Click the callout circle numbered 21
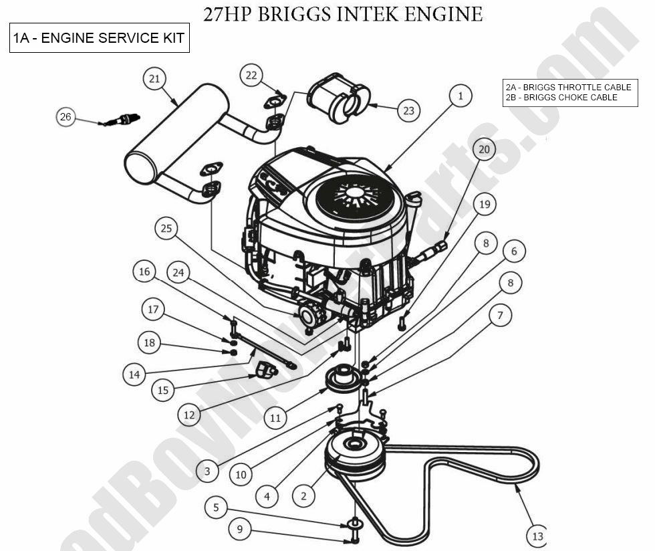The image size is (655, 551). [154, 79]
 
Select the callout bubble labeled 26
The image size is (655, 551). [65, 117]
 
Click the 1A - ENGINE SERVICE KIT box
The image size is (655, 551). [99, 39]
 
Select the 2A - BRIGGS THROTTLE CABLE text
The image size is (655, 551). [568, 88]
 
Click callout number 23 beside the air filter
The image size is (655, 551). [409, 110]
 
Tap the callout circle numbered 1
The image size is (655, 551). [460, 96]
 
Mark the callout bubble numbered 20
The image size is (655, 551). [484, 149]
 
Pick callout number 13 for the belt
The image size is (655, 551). [537, 536]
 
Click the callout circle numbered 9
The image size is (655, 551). [240, 530]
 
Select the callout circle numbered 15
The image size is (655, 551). [164, 390]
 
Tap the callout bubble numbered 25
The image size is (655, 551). [166, 229]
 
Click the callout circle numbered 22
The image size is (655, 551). [251, 76]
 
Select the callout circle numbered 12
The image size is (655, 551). [189, 415]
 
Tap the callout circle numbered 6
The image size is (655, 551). [513, 251]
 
